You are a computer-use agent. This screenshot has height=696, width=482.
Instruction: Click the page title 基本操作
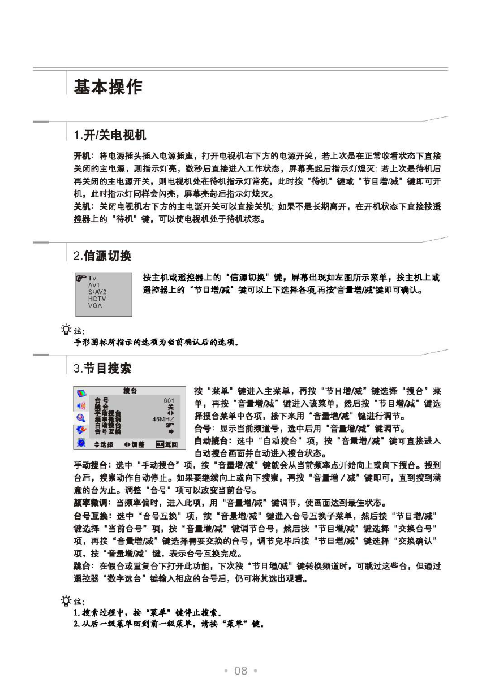click(108, 87)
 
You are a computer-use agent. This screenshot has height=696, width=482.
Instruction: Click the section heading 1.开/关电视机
click(110, 135)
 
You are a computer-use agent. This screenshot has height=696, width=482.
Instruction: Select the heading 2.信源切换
click(102, 256)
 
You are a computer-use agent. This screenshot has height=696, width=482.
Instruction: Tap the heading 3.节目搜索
click(102, 369)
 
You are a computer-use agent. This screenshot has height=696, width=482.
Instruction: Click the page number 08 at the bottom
click(241, 671)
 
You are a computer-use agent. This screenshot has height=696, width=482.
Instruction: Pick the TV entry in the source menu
click(92, 279)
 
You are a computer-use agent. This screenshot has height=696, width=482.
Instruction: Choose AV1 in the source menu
click(94, 286)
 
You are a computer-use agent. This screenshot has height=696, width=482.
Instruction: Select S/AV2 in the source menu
click(97, 292)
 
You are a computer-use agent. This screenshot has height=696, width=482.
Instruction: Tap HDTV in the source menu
click(97, 299)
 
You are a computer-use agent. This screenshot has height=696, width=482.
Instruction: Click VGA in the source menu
click(94, 305)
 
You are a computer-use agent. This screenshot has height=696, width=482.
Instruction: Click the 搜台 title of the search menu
click(130, 391)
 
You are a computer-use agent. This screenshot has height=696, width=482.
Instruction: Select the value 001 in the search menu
click(169, 400)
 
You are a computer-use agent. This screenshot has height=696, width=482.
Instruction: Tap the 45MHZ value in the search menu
click(163, 419)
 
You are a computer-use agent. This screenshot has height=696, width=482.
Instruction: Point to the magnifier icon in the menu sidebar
click(81, 418)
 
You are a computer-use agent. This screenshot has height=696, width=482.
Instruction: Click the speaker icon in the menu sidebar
click(81, 405)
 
